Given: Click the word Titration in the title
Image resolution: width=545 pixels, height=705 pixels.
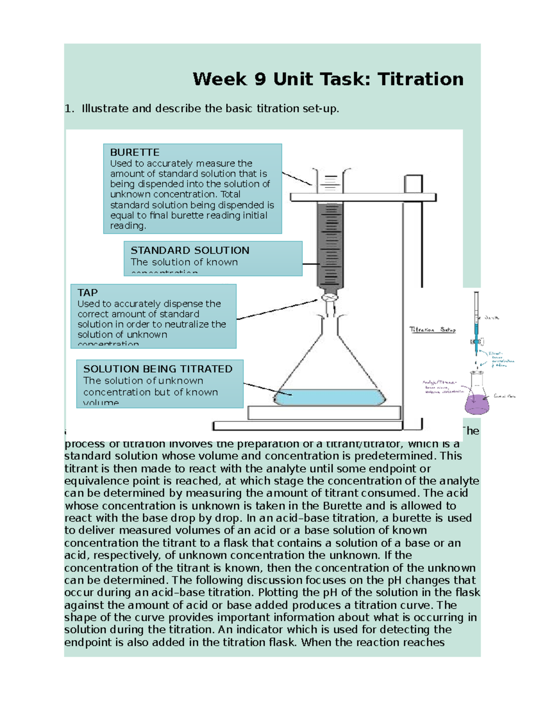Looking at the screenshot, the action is (420, 79).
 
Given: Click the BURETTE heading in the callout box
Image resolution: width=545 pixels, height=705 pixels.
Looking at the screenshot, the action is (134, 153).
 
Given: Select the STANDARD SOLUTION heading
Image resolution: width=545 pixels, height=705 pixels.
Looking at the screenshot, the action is (190, 251).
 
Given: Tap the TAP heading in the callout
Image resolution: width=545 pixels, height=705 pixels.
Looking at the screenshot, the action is (87, 293).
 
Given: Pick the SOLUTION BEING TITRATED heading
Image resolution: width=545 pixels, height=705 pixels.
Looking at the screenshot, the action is (158, 369).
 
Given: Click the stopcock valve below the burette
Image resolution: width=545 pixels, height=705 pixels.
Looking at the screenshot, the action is (330, 298).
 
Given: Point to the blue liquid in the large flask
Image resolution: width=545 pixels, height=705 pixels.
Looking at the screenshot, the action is (330, 398).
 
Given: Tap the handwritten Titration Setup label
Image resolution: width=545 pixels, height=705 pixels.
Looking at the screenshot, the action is (432, 330).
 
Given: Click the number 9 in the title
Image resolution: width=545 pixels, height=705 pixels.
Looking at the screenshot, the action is (260, 79).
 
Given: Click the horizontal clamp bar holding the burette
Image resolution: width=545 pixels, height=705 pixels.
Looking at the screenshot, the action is (363, 197).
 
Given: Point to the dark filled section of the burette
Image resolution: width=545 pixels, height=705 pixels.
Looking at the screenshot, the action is (331, 245).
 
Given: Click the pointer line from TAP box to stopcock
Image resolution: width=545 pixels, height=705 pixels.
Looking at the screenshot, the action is (277, 309).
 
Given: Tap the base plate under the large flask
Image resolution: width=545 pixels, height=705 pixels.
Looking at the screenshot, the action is (324, 413).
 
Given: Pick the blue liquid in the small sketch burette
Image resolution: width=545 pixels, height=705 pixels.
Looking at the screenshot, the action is (476, 336).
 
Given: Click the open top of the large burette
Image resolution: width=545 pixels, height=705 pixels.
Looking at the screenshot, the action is (331, 172).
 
